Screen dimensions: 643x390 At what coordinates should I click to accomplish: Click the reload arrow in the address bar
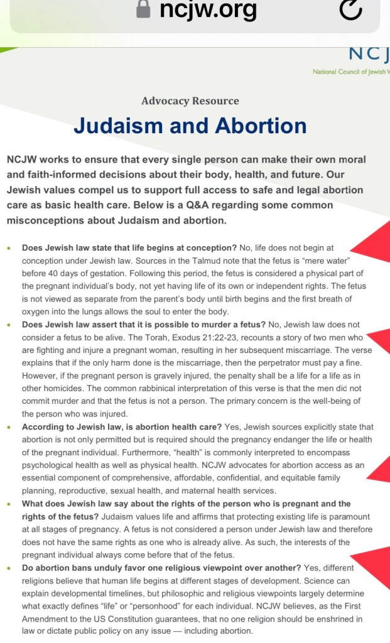click(350, 9)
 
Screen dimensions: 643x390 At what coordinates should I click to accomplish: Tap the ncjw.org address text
click(208, 9)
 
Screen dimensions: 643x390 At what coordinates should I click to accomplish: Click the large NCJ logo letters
click(369, 54)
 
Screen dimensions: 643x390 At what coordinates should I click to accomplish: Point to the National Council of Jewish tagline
click(351, 72)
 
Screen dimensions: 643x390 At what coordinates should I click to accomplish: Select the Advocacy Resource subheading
click(190, 100)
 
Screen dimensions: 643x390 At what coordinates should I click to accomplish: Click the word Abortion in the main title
click(261, 126)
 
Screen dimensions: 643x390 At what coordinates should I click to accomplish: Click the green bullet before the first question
click(9, 248)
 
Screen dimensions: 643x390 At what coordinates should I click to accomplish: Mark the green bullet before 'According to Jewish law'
click(9, 428)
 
